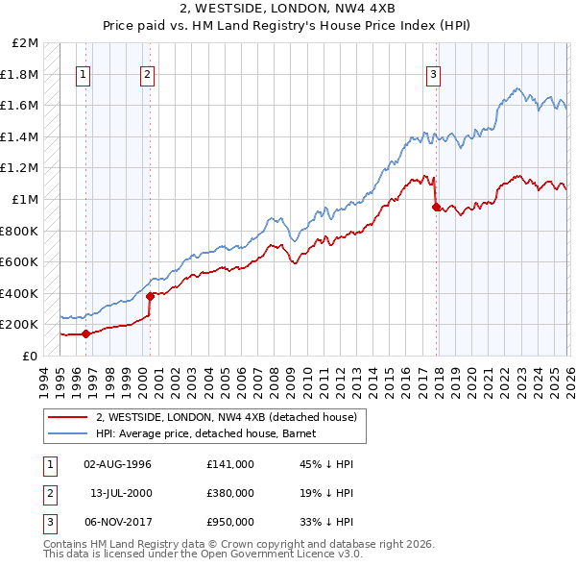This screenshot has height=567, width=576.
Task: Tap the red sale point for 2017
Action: [436, 207]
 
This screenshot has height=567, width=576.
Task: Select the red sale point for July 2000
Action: [150, 296]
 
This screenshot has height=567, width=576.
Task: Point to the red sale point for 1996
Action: [85, 333]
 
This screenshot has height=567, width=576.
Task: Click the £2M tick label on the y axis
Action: [26, 43]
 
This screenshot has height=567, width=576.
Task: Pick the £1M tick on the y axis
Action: [26, 200]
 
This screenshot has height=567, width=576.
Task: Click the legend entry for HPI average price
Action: [212, 434]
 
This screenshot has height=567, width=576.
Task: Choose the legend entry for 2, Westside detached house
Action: [227, 417]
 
